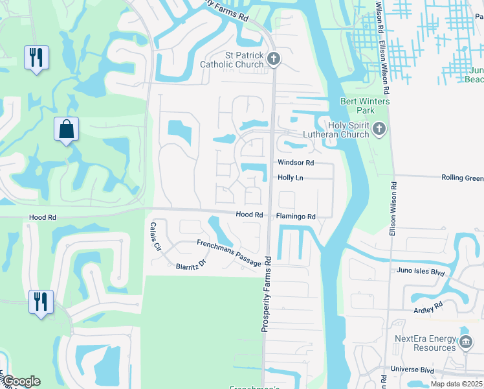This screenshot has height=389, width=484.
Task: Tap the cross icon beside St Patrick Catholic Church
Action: [x=274, y=60]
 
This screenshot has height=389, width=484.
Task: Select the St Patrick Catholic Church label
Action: [x=234, y=60]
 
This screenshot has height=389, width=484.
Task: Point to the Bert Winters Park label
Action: [x=366, y=106]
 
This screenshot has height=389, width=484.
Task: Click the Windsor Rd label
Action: [x=296, y=163]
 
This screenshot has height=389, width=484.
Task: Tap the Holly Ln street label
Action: [x=291, y=178]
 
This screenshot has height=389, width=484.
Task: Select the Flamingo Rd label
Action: [x=296, y=217]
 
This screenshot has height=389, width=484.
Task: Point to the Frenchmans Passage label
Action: [x=229, y=252]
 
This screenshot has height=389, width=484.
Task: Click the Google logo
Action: [x=21, y=381]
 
